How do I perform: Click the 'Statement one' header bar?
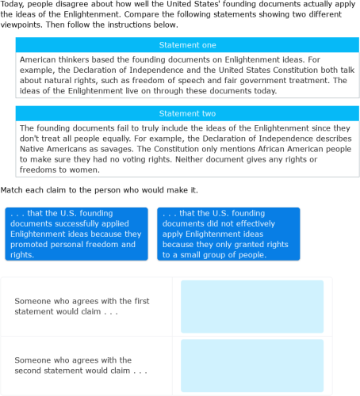click(187, 45)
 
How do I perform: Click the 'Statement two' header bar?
click(187, 114)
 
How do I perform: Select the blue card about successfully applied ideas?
click(76, 234)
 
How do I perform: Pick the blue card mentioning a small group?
click(229, 234)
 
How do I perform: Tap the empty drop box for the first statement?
click(252, 307)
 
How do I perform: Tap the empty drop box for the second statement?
click(252, 365)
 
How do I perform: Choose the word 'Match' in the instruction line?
click(13, 191)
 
